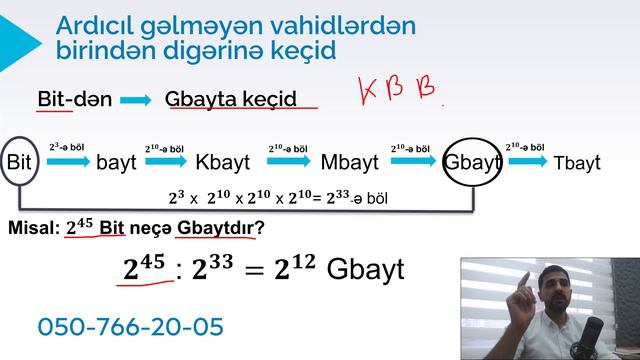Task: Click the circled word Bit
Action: [x=19, y=161]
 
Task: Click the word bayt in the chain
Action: [x=116, y=162]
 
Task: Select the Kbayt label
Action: [x=223, y=162]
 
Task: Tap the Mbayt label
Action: [x=349, y=162]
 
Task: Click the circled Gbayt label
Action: [x=471, y=162]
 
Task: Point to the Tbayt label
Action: [x=577, y=162]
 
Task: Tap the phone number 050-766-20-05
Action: [x=130, y=326]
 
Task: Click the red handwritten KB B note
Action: [x=398, y=91]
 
